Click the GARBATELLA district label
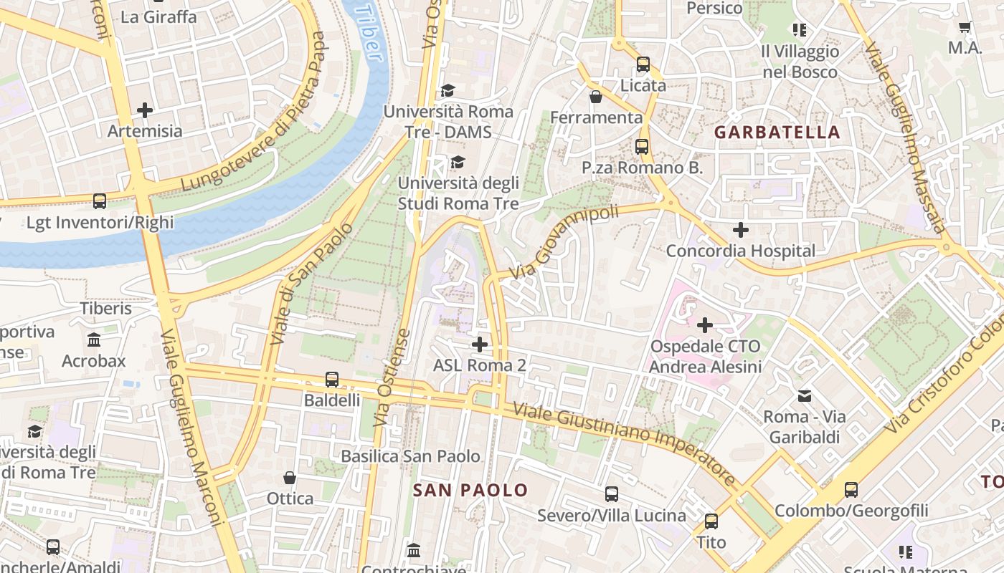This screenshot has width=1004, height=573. click(x=777, y=133)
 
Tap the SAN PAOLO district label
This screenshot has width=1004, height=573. click(x=470, y=490)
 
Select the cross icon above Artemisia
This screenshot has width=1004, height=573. click(x=145, y=110)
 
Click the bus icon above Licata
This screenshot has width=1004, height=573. click(x=643, y=64)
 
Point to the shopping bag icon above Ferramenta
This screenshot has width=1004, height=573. click(x=595, y=96)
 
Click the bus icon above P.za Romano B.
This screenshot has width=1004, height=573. click(x=641, y=147)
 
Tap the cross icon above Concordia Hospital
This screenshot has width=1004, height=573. click(x=740, y=230)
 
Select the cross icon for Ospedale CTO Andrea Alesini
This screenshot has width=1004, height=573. click(x=705, y=325)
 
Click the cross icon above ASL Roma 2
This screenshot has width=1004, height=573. click(x=479, y=345)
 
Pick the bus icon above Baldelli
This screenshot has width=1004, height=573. click(x=331, y=380)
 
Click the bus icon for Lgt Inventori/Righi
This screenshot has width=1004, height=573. click(x=100, y=201)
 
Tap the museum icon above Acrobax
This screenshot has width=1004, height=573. click(x=93, y=340)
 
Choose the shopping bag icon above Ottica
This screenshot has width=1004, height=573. click(x=290, y=477)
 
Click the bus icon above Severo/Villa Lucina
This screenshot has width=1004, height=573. click(x=611, y=494)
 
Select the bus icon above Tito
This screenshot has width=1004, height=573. click(x=711, y=521)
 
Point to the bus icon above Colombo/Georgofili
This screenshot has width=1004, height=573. click(x=851, y=490)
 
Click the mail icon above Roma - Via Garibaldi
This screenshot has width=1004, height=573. click(x=804, y=395)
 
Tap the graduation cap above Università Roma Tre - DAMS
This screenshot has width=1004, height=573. click(x=447, y=90)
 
